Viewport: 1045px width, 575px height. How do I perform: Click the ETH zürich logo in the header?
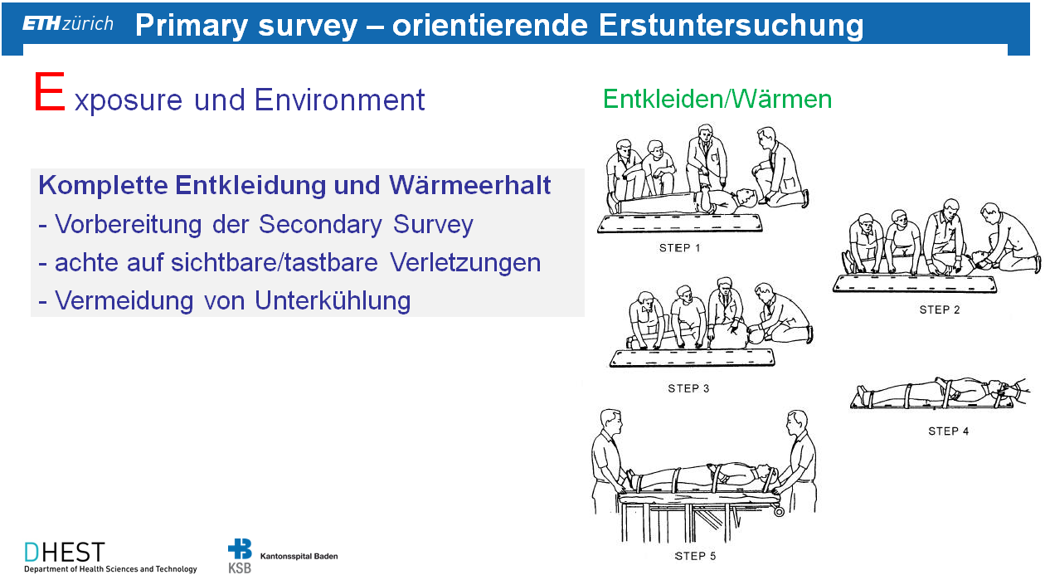pyautogui.click(x=68, y=23)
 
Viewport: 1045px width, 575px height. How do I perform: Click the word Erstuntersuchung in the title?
pyautogui.click(x=731, y=25)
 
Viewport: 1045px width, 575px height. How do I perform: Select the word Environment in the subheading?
pyautogui.click(x=340, y=100)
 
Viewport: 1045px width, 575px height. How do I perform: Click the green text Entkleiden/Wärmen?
pyautogui.click(x=717, y=99)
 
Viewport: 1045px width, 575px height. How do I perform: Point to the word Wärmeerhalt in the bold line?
pyautogui.click(x=469, y=185)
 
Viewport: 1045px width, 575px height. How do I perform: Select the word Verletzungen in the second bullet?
pyautogui.click(x=465, y=262)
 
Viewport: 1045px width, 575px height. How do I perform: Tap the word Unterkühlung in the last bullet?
pyautogui.click(x=333, y=300)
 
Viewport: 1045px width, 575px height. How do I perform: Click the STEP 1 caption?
pyautogui.click(x=679, y=248)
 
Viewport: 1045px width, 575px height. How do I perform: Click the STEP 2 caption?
pyautogui.click(x=939, y=310)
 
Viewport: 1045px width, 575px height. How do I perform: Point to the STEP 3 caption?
pyautogui.click(x=688, y=388)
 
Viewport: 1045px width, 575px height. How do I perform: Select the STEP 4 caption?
pyautogui.click(x=948, y=431)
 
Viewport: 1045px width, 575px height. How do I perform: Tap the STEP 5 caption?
pyautogui.click(x=695, y=556)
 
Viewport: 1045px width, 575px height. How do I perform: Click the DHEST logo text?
pyautogui.click(x=65, y=553)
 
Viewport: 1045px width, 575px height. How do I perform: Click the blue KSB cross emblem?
pyautogui.click(x=240, y=549)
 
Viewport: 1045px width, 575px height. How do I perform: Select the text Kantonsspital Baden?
pyautogui.click(x=299, y=556)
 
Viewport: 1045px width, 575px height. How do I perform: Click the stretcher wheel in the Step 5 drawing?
pyautogui.click(x=779, y=511)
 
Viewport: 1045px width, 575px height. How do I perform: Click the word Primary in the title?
pyautogui.click(x=192, y=26)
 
